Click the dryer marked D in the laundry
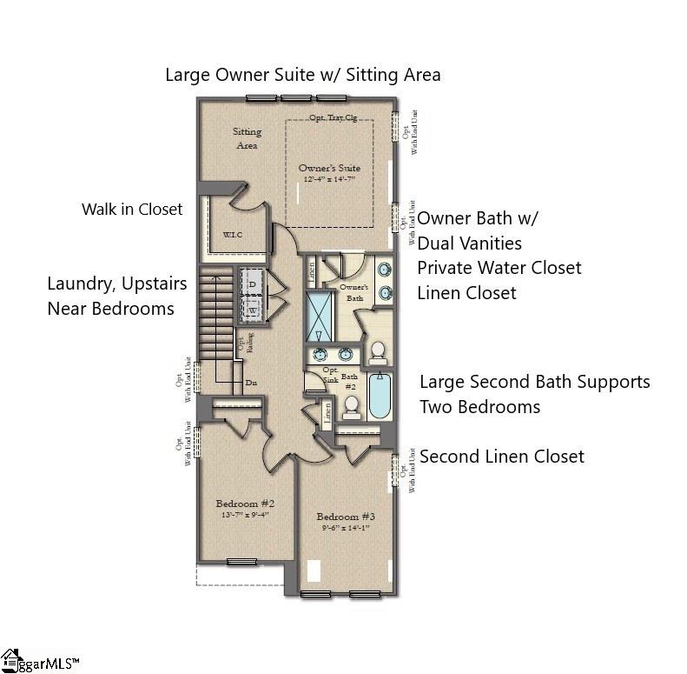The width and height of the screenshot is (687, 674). click(x=253, y=284)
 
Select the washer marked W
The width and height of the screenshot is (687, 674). click(x=253, y=310)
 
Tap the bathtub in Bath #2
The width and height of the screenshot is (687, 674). click(x=379, y=396)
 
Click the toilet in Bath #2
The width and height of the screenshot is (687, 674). click(x=352, y=405)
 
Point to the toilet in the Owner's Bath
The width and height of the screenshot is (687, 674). click(x=378, y=350)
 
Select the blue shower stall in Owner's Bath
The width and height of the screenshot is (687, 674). click(x=319, y=317)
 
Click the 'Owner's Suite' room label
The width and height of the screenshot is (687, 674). click(x=329, y=168)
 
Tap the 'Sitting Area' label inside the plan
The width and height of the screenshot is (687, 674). click(x=247, y=138)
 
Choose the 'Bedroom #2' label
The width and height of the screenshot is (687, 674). click(x=245, y=504)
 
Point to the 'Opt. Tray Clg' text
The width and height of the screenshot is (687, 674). click(x=334, y=117)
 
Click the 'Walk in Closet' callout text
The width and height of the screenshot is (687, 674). click(x=132, y=209)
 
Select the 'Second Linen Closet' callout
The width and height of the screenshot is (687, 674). click(x=501, y=457)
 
